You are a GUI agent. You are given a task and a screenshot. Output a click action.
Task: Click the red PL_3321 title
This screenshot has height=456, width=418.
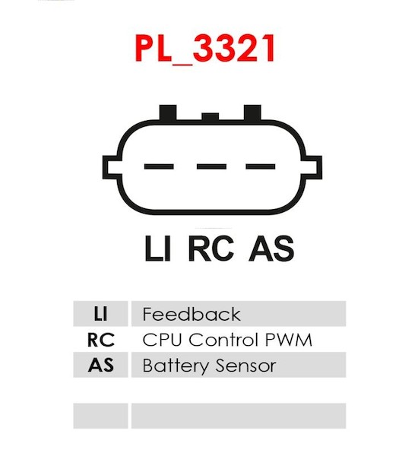click(205, 49)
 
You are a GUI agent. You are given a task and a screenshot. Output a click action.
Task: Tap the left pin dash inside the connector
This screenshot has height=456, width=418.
click(159, 166)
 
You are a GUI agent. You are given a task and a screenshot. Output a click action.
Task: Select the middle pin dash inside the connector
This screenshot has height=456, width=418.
click(211, 166)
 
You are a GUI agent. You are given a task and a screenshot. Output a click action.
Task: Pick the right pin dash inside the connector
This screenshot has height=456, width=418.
click(261, 166)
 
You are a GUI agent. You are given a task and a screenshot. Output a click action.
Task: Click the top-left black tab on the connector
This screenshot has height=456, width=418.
click(168, 112)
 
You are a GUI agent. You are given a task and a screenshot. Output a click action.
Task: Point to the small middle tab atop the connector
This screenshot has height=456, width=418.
click(210, 116)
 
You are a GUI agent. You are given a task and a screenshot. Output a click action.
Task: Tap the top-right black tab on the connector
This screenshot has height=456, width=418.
click(252, 112)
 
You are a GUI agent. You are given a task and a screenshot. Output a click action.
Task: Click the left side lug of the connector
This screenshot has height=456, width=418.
click(112, 167)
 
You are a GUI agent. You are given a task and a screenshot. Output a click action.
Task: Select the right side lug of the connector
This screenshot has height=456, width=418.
click(312, 167)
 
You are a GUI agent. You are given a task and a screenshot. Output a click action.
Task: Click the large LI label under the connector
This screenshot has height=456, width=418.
click(157, 248)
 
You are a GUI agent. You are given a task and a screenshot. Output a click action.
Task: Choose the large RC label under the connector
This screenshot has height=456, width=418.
click(211, 248)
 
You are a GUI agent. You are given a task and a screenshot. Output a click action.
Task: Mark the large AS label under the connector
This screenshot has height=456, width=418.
click(271, 248)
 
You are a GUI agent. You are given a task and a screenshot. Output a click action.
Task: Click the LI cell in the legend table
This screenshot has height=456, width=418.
click(100, 314)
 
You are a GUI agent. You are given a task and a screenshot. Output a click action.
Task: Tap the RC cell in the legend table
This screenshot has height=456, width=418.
click(100, 340)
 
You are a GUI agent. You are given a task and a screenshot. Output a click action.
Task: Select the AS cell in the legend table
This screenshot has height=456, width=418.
click(100, 365)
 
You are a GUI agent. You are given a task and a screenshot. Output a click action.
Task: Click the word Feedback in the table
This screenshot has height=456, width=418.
click(192, 314)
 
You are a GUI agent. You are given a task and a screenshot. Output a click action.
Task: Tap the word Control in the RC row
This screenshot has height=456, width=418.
click(223, 340)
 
